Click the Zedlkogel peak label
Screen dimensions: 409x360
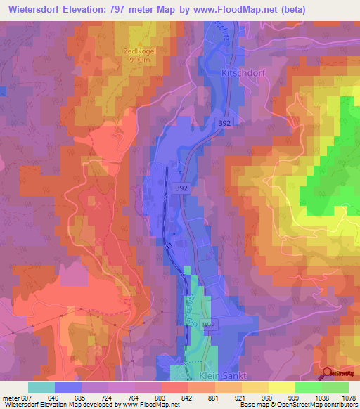click(138, 51)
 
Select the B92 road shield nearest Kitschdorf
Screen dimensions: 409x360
click(224, 123)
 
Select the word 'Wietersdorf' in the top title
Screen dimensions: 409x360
click(37, 9)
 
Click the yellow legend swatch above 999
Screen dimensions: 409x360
click(281, 387)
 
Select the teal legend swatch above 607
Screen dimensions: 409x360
click(41, 387)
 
